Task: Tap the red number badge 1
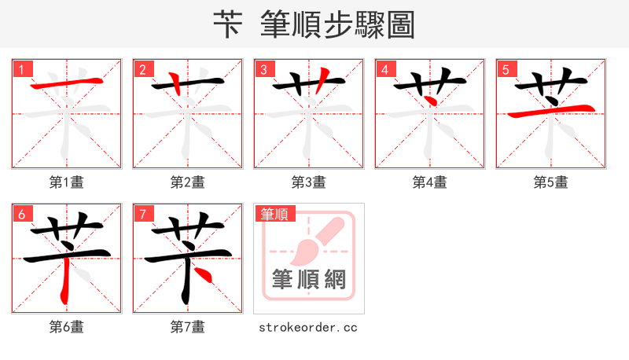click(x=21, y=69)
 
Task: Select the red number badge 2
click(x=142, y=69)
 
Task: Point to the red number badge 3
click(x=263, y=69)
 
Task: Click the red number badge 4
click(x=384, y=69)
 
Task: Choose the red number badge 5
click(x=506, y=69)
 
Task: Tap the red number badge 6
click(x=21, y=214)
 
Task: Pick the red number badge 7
click(x=142, y=214)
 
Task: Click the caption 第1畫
click(x=67, y=182)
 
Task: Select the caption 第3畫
click(x=309, y=182)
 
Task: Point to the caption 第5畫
click(x=551, y=182)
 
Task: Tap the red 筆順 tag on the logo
click(x=274, y=214)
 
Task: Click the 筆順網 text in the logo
click(x=309, y=279)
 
